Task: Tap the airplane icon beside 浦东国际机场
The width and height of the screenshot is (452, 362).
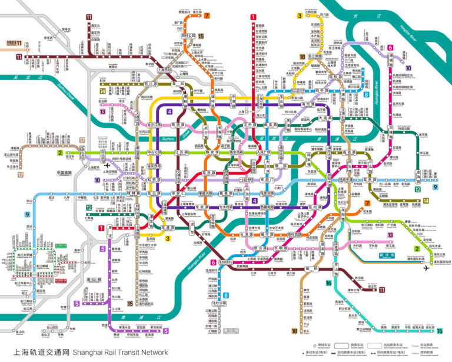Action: [426, 269]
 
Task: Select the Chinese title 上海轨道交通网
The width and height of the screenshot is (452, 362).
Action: [36, 352]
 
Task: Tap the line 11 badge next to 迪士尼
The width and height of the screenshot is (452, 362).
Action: [381, 289]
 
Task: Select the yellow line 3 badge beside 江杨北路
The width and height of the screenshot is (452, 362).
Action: [300, 17]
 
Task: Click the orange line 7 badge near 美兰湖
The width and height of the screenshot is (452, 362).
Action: [207, 15]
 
